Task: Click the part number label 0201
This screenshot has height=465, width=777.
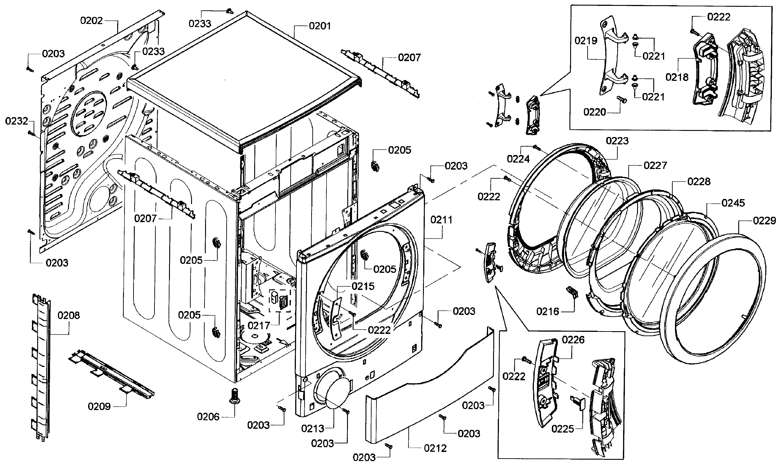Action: [x=320, y=26]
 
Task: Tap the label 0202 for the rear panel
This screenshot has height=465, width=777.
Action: [x=91, y=21]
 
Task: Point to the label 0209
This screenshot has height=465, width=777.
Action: [x=99, y=406]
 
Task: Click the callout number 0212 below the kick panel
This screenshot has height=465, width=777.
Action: [x=435, y=448]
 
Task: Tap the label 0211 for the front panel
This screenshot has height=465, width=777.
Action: [x=441, y=220]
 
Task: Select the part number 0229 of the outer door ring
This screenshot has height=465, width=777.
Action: [x=764, y=221]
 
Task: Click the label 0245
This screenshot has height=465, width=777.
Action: [x=733, y=203]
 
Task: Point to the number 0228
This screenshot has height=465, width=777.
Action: [x=699, y=182]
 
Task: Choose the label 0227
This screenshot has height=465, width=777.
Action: [x=655, y=165]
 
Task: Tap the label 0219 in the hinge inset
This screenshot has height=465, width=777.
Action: [x=586, y=41]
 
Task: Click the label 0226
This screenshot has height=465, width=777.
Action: [x=573, y=340]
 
